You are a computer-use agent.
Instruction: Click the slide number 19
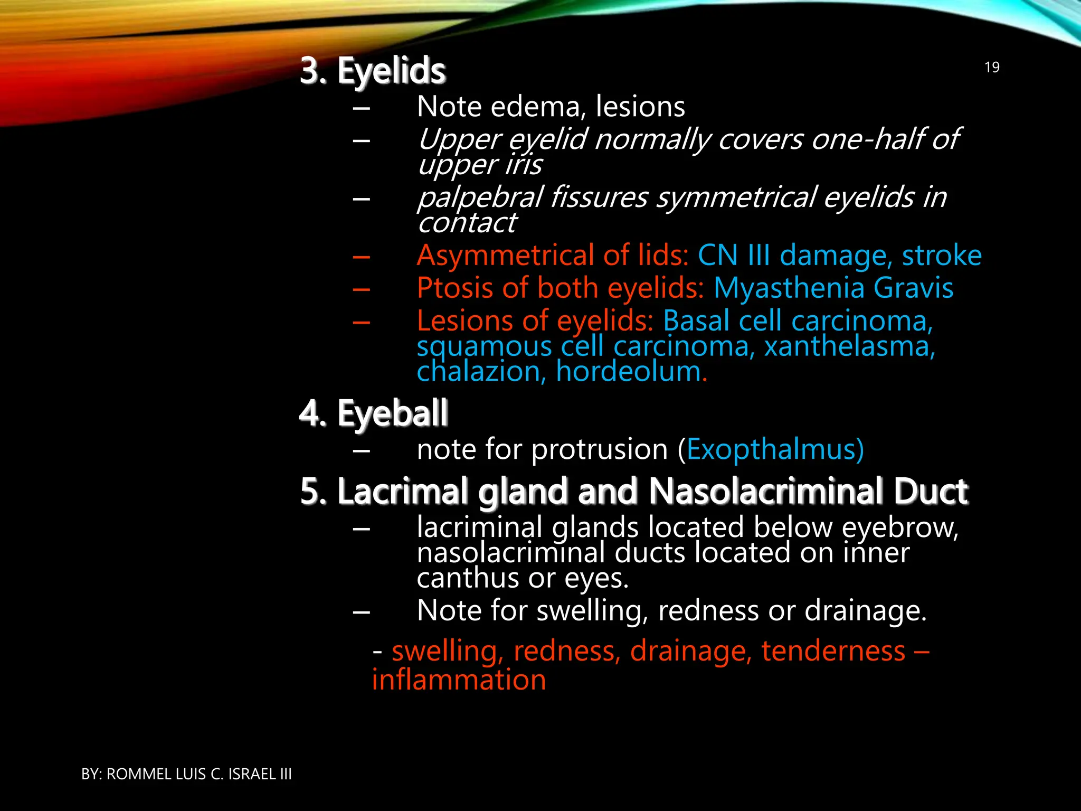(992, 68)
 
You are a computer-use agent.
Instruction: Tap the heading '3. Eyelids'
(373, 71)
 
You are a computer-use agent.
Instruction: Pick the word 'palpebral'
(480, 197)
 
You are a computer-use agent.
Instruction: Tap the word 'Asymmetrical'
(506, 256)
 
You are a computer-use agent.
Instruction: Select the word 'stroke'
(942, 256)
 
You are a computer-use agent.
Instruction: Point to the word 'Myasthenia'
(789, 288)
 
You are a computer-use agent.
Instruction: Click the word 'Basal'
(697, 321)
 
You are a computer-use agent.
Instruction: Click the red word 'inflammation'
(459, 680)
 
